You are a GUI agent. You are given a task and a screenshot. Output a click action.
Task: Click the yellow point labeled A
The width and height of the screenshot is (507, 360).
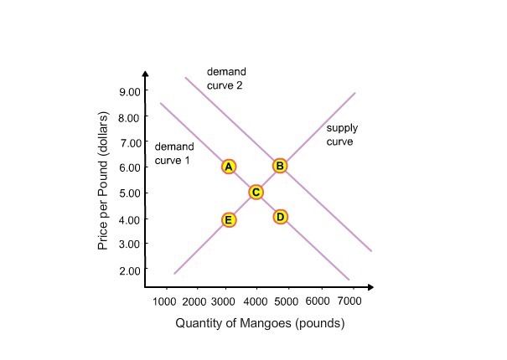(x=228, y=167)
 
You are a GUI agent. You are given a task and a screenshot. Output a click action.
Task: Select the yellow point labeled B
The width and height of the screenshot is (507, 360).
(x=280, y=166)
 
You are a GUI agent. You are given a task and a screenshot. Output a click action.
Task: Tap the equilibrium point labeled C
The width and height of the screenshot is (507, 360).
(x=256, y=193)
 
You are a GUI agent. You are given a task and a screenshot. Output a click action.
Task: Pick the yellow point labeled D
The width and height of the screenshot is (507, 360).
(x=281, y=218)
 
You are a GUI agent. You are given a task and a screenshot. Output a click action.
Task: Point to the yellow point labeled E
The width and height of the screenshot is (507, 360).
(x=228, y=219)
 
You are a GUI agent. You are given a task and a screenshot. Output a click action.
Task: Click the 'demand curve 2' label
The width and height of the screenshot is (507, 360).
(x=226, y=80)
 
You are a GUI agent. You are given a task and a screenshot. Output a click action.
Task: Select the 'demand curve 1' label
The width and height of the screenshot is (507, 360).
(x=174, y=153)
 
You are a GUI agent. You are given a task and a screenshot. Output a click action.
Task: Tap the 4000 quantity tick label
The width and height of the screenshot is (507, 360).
(x=256, y=301)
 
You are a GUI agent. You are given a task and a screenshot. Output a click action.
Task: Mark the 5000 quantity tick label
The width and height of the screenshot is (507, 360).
(x=287, y=301)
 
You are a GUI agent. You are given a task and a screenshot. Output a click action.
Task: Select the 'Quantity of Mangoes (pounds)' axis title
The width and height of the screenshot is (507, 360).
(x=260, y=323)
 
